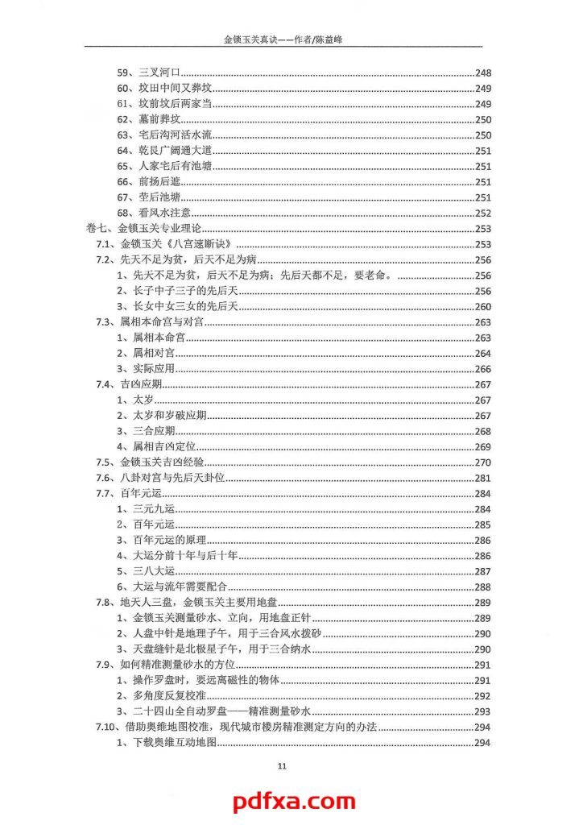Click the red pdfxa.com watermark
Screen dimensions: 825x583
coord(293,802)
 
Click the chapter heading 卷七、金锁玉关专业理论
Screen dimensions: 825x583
coord(143,229)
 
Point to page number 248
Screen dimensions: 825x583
coord(483,73)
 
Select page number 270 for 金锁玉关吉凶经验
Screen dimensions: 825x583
coord(483,462)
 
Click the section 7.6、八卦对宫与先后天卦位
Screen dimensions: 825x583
coord(160,478)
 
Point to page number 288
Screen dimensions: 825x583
coord(483,587)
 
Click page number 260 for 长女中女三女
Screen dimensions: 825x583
coord(483,307)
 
